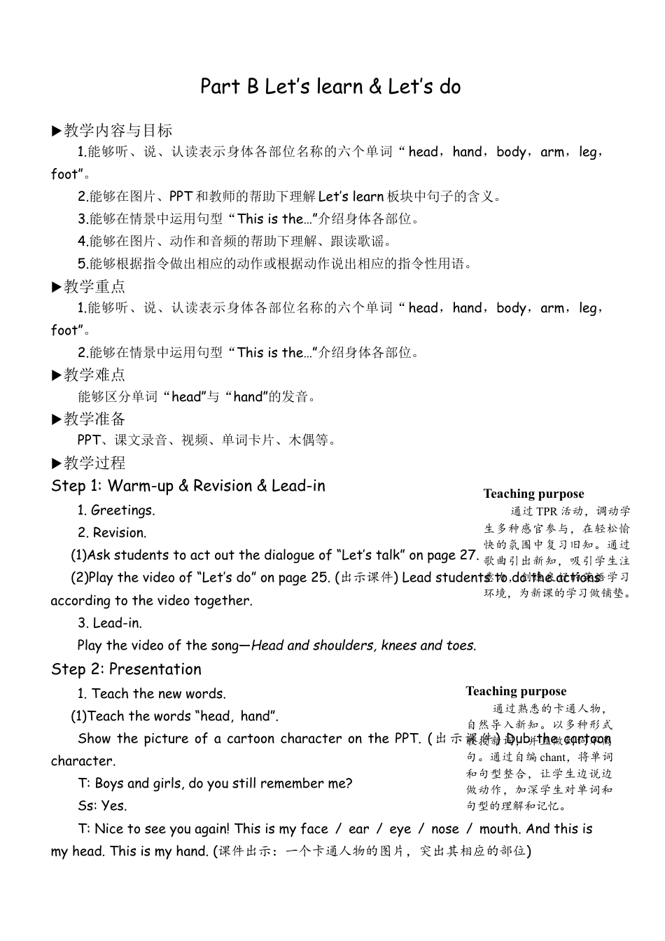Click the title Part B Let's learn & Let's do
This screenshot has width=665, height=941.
pyautogui.click(x=330, y=87)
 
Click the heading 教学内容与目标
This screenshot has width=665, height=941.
pyautogui.click(x=118, y=130)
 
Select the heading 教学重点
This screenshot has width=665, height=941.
pyautogui.click(x=94, y=286)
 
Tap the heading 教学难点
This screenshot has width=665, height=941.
pyautogui.click(x=94, y=375)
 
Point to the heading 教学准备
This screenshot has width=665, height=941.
pyautogui.click(x=94, y=419)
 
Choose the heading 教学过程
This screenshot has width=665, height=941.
pyautogui.click(x=94, y=463)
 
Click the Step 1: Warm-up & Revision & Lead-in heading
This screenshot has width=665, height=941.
pyautogui.click(x=188, y=486)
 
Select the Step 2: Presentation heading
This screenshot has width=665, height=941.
pyautogui.click(x=126, y=669)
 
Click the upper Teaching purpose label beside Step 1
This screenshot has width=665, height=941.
pyautogui.click(x=533, y=494)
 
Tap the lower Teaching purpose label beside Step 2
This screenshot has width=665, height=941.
pyautogui.click(x=516, y=691)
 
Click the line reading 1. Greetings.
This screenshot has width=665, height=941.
pyautogui.click(x=116, y=510)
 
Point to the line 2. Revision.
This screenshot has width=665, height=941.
pyautogui.click(x=112, y=532)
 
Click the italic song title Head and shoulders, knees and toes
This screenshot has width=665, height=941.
pyautogui.click(x=363, y=645)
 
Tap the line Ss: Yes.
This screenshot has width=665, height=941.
pyautogui.click(x=103, y=805)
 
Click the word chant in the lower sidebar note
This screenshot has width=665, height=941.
pyautogui.click(x=553, y=757)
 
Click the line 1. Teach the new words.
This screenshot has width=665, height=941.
pyautogui.click(x=152, y=693)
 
